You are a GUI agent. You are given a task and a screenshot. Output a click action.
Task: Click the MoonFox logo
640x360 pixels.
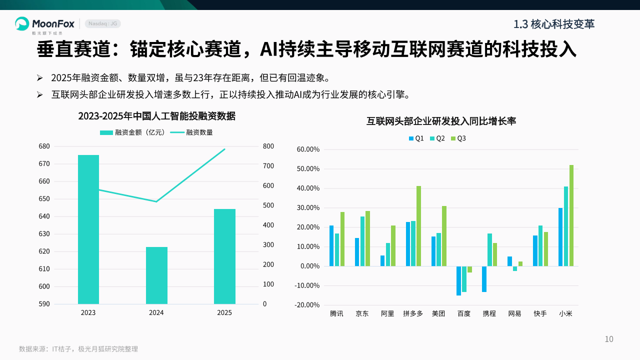click(44, 23)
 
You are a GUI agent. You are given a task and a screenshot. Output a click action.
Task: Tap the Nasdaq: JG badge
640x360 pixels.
click(102, 23)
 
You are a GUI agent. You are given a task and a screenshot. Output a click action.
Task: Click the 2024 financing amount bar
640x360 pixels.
click(156, 275)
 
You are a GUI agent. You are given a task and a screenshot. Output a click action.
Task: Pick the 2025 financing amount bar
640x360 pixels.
click(224, 256)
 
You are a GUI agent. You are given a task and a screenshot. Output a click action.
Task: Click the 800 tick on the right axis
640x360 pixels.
click(268, 146)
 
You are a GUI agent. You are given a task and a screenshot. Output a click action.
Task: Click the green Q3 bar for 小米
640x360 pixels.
click(571, 215)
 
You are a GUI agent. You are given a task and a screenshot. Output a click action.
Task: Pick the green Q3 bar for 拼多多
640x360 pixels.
click(418, 226)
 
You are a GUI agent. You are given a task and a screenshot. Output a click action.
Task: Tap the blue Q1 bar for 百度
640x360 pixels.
click(458, 280)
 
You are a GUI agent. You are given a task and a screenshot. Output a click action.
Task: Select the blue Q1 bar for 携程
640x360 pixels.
click(484, 279)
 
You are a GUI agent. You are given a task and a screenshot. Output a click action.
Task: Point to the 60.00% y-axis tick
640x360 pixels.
click(308, 149)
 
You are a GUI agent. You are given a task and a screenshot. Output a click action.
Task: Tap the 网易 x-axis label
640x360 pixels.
click(514, 314)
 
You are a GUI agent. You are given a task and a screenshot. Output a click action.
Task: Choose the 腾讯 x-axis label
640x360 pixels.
click(336, 314)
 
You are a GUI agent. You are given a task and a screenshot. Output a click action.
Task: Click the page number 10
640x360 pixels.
click(609, 339)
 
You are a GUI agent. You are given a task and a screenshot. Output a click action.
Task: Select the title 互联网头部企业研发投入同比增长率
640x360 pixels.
click(441, 121)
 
